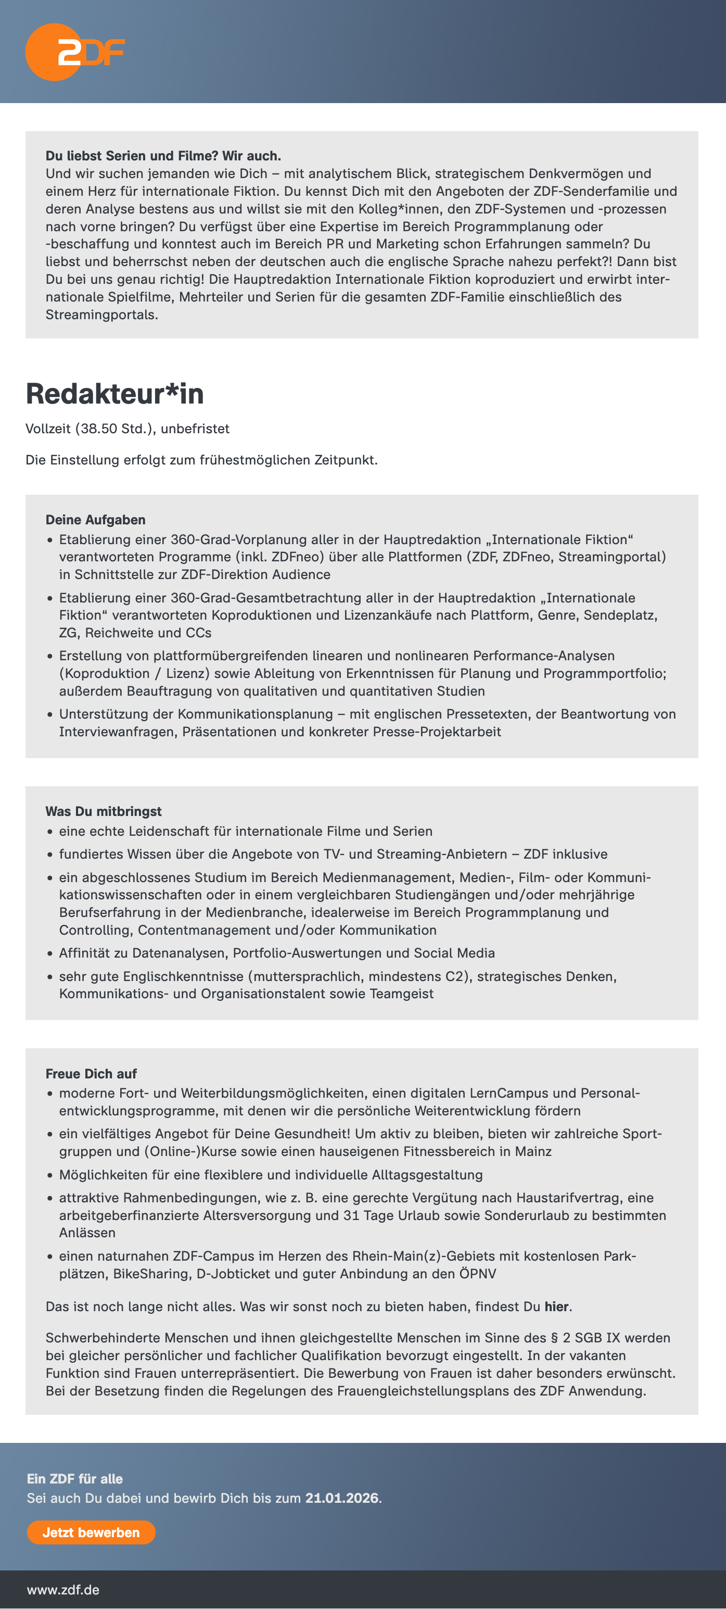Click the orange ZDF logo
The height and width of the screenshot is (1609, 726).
[x=74, y=53]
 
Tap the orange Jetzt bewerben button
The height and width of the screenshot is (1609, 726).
[x=91, y=1532]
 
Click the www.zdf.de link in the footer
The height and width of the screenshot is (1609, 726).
[x=63, y=1589]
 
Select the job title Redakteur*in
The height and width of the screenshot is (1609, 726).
[x=115, y=394]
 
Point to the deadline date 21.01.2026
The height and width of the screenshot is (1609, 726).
[x=341, y=1498]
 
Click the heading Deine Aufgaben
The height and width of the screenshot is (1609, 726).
[x=96, y=520]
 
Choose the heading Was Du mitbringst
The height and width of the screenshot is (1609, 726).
[x=104, y=811]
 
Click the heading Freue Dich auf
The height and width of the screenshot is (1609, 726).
[x=91, y=1073]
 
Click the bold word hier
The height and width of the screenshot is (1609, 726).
[x=556, y=1306]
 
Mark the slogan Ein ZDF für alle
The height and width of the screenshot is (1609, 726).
[x=75, y=1478]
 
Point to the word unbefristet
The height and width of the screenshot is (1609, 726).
[x=195, y=429]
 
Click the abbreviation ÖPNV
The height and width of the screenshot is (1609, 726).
[x=478, y=1274]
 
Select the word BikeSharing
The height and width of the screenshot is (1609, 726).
[x=150, y=1274]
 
